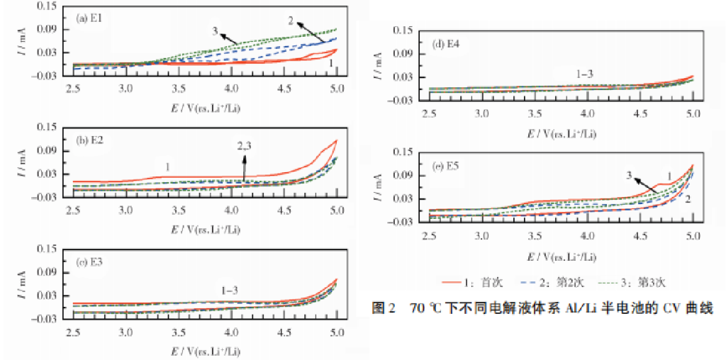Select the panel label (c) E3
pos(91,260)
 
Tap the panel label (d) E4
pos(447,44)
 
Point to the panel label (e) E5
pos(447,167)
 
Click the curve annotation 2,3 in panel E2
pos(245,146)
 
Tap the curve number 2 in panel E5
pos(687,201)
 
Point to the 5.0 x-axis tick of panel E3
pos(337,331)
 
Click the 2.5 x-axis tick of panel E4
pos(429,113)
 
